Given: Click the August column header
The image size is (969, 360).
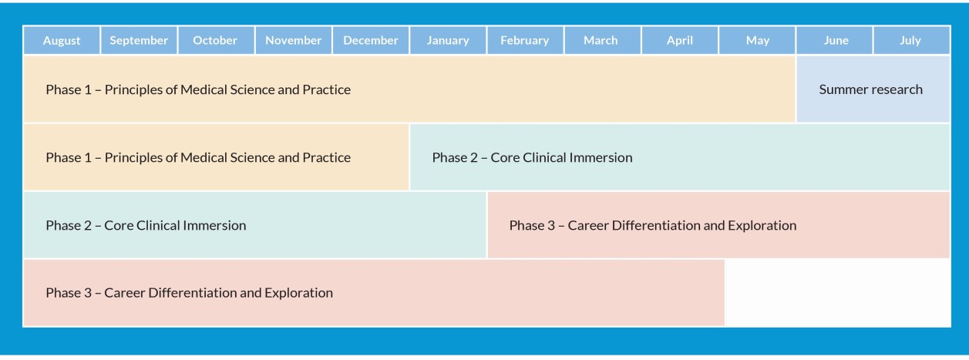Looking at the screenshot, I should [62, 41].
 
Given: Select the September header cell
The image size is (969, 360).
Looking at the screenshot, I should [139, 41].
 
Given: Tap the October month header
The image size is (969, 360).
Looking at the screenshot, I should [216, 41].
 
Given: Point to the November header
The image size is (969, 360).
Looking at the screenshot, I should [294, 41].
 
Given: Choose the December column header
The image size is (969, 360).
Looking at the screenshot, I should [371, 41].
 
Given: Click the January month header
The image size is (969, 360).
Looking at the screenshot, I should [448, 41].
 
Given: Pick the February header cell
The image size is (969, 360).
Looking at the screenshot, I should [525, 41].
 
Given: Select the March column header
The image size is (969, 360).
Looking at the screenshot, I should [602, 41].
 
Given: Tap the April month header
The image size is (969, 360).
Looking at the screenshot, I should [680, 41].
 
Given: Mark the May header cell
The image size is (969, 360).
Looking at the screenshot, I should [757, 41].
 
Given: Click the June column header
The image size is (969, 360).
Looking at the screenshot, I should [835, 41].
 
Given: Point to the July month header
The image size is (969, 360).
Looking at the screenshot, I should [911, 41].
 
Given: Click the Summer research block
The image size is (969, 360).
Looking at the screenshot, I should [873, 89].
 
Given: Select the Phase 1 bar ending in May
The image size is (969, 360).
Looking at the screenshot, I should [409, 89].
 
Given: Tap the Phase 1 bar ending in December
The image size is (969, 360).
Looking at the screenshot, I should [216, 157].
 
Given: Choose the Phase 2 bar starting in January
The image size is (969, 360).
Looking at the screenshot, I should [680, 157].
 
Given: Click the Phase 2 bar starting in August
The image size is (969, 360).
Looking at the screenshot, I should [254, 225].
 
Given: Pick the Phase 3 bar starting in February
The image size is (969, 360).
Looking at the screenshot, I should [718, 225].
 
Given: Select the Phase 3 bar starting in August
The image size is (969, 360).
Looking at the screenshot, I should [374, 293].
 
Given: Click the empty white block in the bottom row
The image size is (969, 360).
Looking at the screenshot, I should [838, 293].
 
